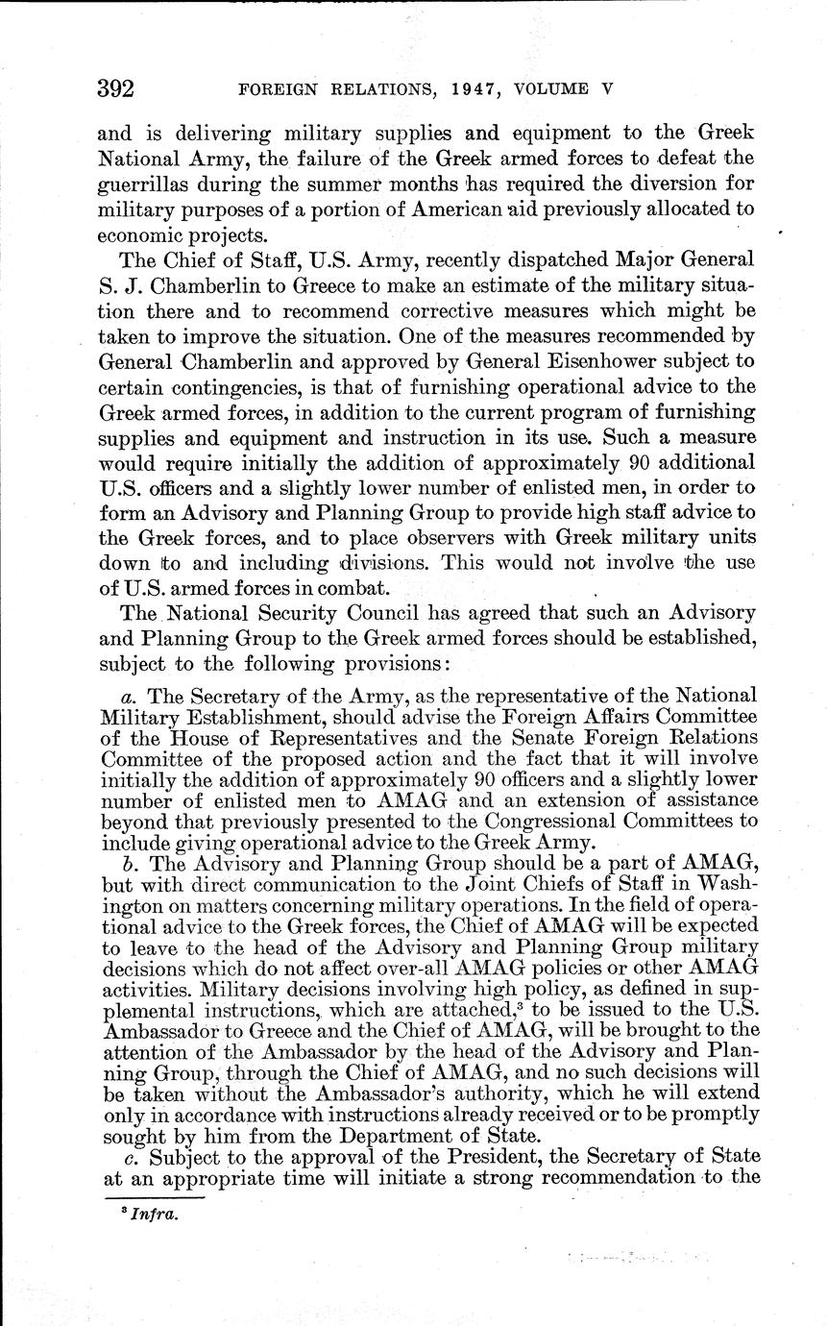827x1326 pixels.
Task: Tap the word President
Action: pyautogui.click(x=466, y=1157)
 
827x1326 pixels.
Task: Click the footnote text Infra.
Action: pyautogui.click(x=151, y=1213)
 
